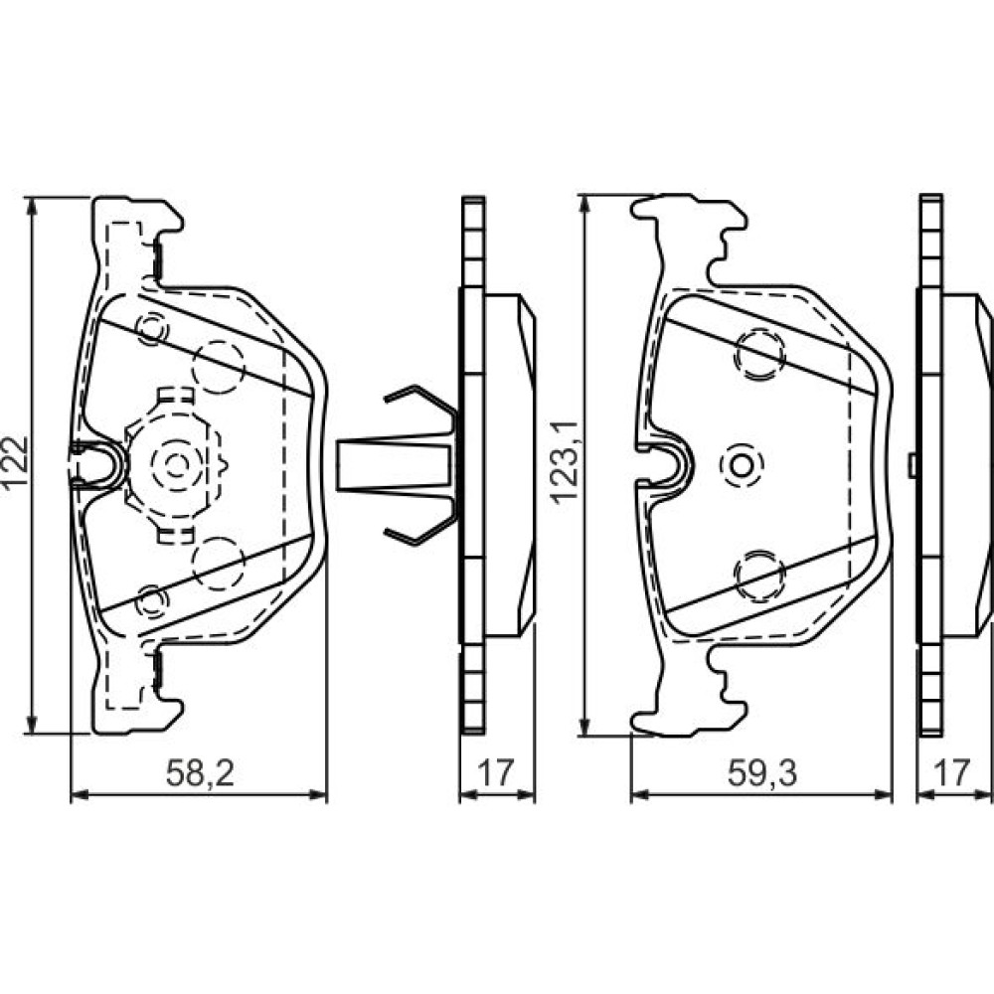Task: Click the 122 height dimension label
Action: point(14,461)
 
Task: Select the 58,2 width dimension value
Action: point(201,773)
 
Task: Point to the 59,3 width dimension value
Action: point(762,772)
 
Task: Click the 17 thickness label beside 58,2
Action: point(495,772)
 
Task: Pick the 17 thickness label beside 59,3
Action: point(953,772)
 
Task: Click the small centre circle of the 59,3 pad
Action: point(742,465)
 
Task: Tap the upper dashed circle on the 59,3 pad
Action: point(759,355)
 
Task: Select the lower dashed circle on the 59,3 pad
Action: point(759,575)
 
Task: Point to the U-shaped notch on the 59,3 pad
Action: point(685,465)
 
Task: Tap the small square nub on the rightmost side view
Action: point(912,465)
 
